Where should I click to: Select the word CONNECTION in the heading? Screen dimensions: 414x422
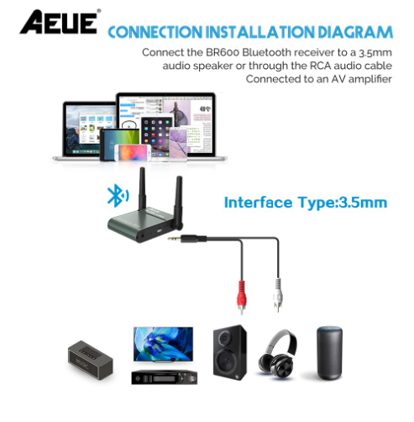[x=155, y=32]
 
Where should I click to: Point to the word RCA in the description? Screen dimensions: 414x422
[x=320, y=66]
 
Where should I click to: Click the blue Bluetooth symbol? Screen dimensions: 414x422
[x=118, y=195]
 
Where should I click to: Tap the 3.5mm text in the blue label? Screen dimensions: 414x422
[x=363, y=203]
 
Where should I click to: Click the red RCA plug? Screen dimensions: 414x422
[x=242, y=297]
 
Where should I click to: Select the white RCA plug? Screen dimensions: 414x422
[x=278, y=294]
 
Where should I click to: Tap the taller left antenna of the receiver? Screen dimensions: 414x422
[x=142, y=188]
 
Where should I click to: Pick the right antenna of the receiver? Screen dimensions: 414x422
[x=178, y=202]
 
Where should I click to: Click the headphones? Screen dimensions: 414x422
[x=277, y=354]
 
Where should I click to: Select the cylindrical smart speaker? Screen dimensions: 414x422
[x=329, y=353]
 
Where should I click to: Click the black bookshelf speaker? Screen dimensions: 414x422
[x=230, y=352]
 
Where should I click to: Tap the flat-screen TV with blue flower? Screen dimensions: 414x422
[x=163, y=345]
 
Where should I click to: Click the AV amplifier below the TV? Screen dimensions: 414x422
[x=165, y=377]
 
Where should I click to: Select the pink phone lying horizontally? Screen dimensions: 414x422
[x=133, y=153]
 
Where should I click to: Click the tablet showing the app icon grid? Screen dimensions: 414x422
[x=157, y=136]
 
